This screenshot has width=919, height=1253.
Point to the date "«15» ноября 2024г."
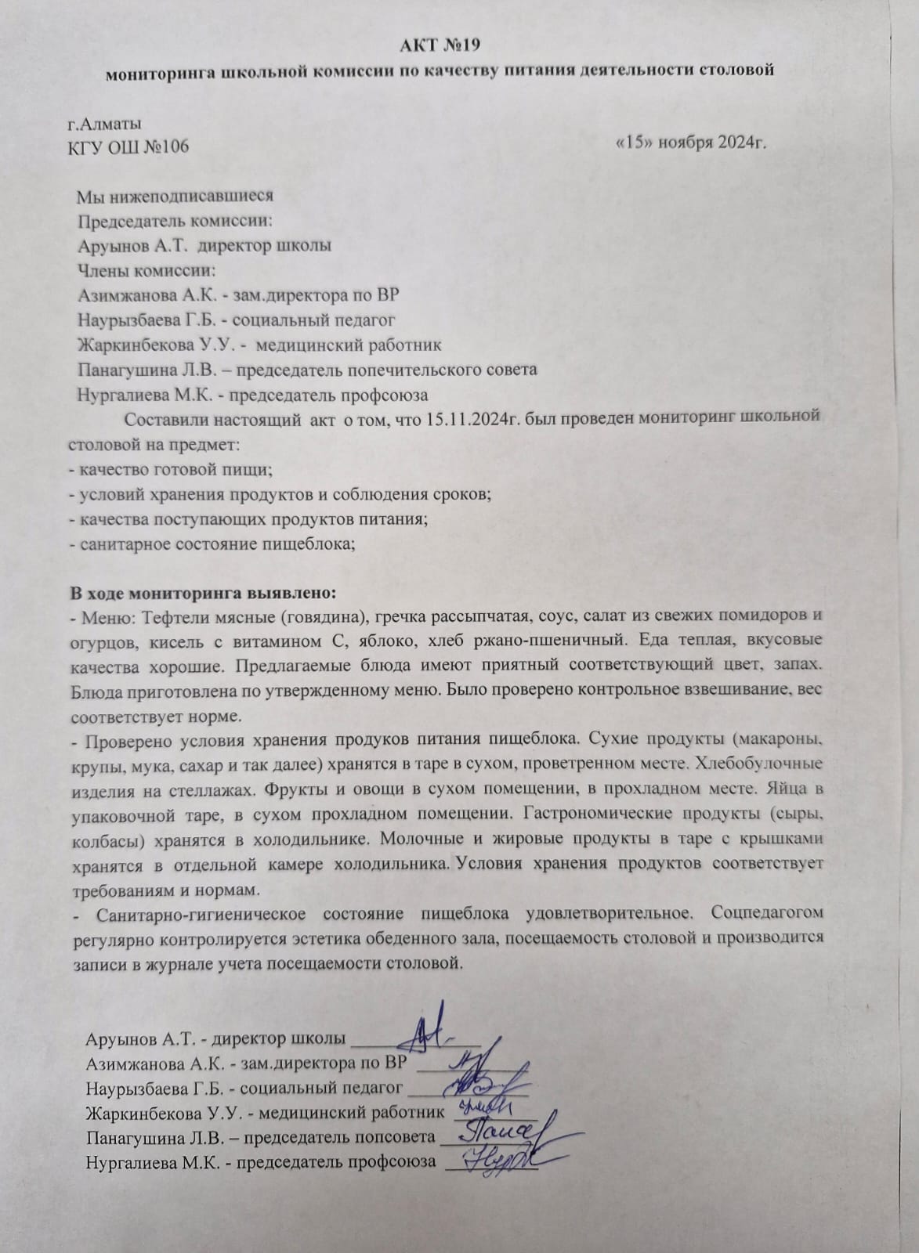coord(690,143)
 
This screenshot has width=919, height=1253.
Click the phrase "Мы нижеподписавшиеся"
coord(175,196)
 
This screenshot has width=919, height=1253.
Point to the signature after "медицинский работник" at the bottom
coord(489,1107)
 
